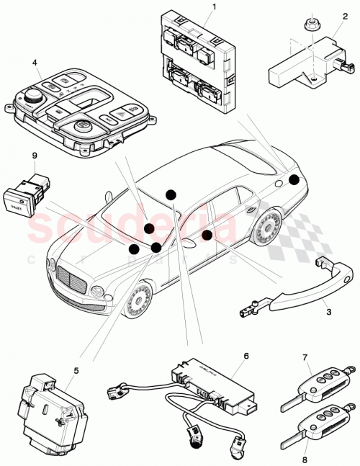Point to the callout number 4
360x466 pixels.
coord(35,62)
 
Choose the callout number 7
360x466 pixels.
coord(305,357)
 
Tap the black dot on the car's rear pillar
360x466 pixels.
coord(294,180)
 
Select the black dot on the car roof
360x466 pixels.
coord(171,194)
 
